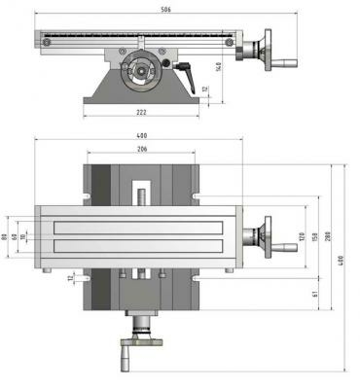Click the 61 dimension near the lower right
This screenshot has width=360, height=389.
[x=314, y=293]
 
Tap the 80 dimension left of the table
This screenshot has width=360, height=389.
[x=6, y=236]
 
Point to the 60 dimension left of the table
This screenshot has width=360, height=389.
[x=15, y=236]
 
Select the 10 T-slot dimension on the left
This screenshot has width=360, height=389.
[x=23, y=236]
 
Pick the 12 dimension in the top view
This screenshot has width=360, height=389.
[x=71, y=278]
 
